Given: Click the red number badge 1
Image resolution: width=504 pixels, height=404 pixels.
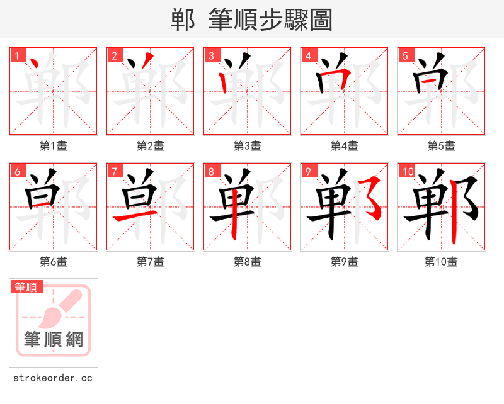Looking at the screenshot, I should [x=18, y=56].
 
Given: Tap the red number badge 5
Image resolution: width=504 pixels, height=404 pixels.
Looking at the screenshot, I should [x=406, y=56].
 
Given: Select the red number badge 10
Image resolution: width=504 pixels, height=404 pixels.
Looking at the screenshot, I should [x=408, y=172].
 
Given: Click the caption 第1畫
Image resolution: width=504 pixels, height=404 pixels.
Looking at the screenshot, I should [x=54, y=146].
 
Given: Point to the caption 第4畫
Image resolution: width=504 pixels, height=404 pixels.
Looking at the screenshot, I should [x=345, y=146].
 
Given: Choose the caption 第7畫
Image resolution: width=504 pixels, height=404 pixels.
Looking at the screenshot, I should [x=151, y=262].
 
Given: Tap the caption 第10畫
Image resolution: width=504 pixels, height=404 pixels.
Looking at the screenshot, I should [x=441, y=262].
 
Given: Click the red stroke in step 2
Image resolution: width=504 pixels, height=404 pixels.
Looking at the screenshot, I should [x=146, y=62].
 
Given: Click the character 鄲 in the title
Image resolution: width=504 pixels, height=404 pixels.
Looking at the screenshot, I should [x=183, y=20].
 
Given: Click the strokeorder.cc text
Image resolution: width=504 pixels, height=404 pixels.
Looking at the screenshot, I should [x=53, y=378].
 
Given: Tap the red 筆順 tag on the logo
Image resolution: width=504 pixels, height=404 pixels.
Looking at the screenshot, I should [x=27, y=287].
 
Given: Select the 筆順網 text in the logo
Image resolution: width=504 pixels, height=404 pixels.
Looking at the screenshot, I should [x=54, y=340].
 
